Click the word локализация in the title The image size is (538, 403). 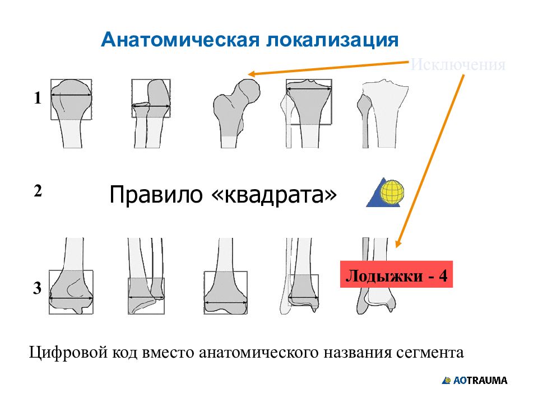331,40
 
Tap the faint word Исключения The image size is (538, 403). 458,65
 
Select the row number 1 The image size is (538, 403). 38,99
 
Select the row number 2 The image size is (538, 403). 38,191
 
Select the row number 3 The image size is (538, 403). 38,289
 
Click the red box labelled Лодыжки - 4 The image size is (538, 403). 396,274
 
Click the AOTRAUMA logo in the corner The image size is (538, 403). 475,381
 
